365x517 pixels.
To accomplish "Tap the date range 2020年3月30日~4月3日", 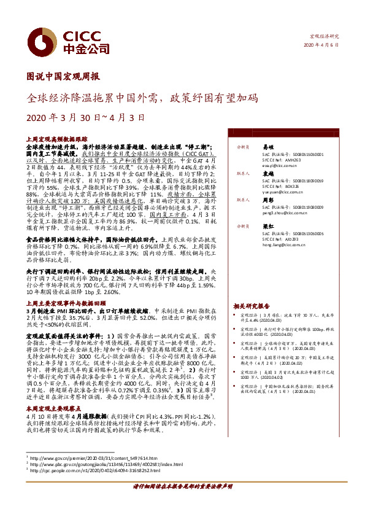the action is [77, 117].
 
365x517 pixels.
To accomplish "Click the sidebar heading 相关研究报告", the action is [252, 305].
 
